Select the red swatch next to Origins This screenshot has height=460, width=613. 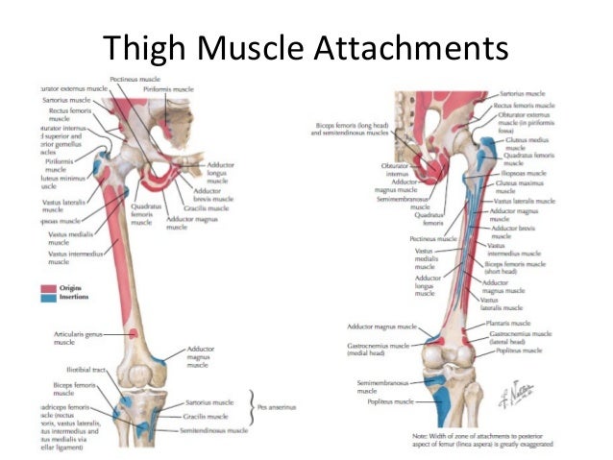pyautogui.click(x=47, y=287)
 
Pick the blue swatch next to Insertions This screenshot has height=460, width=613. pyautogui.click(x=47, y=297)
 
